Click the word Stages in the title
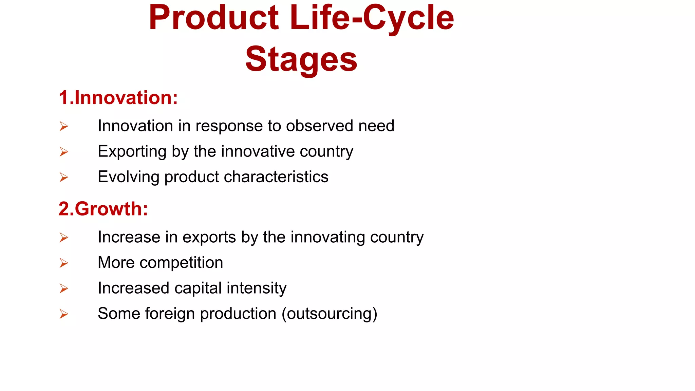(x=301, y=59)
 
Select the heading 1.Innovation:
(x=118, y=98)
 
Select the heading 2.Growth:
(x=103, y=209)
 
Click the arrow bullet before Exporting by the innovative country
(x=64, y=152)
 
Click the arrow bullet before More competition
(x=64, y=263)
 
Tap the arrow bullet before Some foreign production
(x=64, y=314)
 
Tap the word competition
(x=181, y=263)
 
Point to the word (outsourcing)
(x=329, y=314)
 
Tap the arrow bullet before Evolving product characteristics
(x=64, y=177)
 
